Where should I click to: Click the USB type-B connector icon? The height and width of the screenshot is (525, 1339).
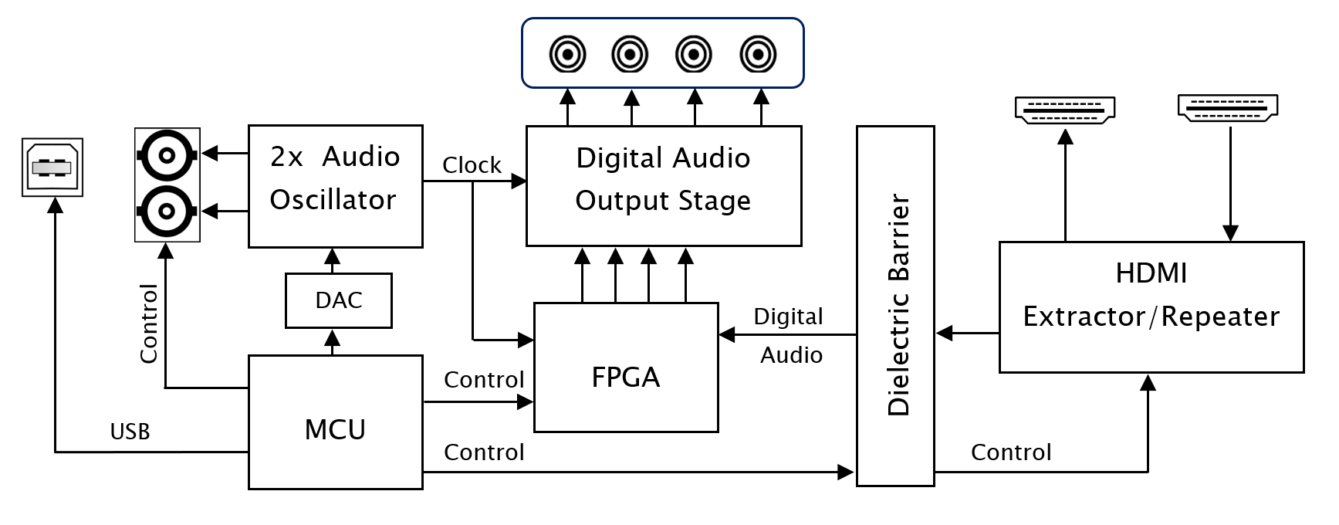(52, 167)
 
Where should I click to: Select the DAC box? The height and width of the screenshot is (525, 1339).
(339, 300)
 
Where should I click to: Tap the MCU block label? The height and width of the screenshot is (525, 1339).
(335, 429)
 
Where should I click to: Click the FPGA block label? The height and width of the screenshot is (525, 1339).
(626, 377)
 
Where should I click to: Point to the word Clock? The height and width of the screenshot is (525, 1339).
(472, 165)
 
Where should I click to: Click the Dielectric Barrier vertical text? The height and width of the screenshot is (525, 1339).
(898, 305)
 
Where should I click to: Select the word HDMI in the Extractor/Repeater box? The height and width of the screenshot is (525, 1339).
(1151, 273)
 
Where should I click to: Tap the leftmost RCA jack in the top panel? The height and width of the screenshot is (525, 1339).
(567, 55)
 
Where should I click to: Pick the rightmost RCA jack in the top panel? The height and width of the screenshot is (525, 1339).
(758, 55)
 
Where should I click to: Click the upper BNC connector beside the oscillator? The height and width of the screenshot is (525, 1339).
(167, 155)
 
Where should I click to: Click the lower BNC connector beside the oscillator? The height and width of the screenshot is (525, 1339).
(167, 210)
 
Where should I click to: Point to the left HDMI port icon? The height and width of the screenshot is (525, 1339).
(1065, 110)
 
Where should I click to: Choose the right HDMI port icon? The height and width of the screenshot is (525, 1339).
(1227, 107)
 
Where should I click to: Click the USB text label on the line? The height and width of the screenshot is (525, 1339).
(130, 432)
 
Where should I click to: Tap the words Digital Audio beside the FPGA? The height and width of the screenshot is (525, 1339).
(789, 335)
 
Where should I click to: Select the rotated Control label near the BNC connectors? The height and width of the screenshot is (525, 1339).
(148, 323)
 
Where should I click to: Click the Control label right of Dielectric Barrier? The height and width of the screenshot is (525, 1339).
(1011, 452)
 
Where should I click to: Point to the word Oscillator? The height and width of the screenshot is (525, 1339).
(333, 200)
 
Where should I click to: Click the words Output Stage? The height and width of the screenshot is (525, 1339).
(663, 201)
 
